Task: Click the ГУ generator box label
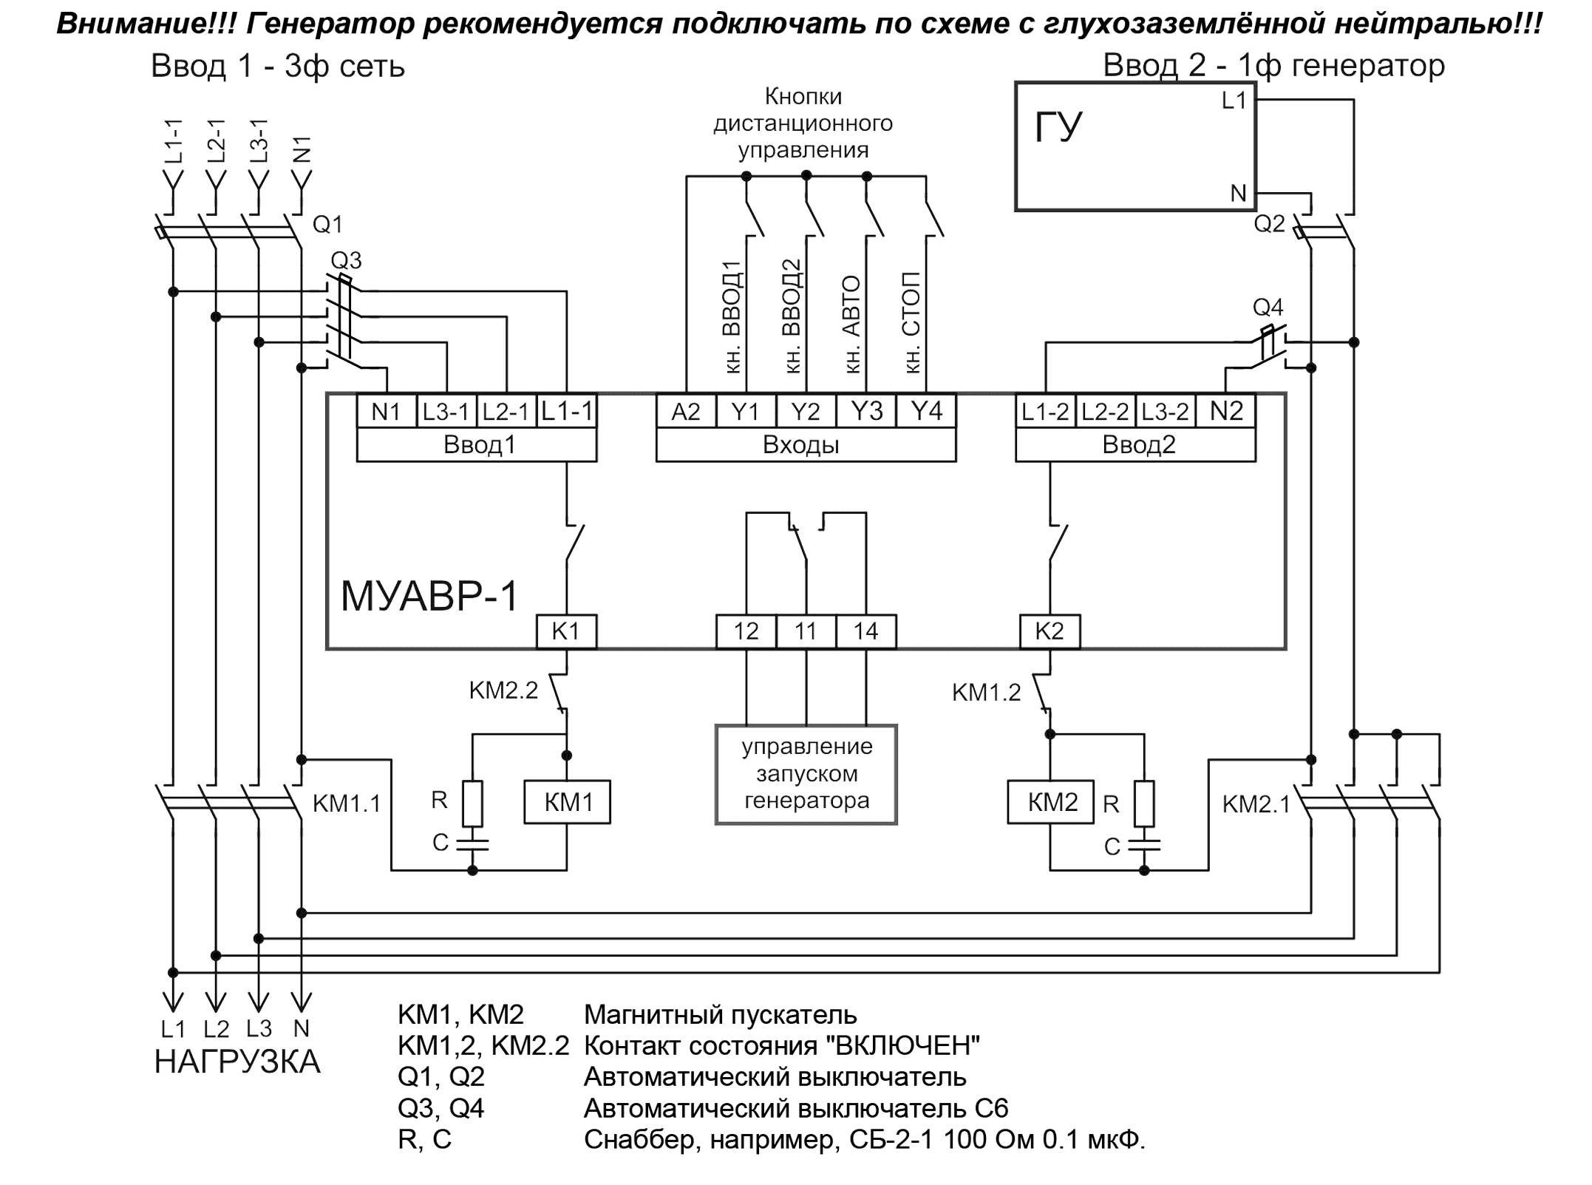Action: [1058, 128]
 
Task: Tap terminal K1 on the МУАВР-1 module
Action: [566, 631]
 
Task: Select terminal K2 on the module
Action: [1050, 631]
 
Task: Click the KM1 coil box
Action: [568, 802]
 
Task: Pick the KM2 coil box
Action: [1051, 802]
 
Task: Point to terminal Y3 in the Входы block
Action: [866, 411]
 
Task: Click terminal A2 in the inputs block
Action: [686, 411]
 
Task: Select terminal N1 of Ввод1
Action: [386, 411]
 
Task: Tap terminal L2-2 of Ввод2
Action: [1105, 411]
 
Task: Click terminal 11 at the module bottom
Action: [806, 631]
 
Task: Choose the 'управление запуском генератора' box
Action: [806, 774]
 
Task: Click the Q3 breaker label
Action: [346, 260]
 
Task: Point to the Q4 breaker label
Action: [1268, 307]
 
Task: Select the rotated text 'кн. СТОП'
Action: [913, 322]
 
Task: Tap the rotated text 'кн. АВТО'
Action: [852, 324]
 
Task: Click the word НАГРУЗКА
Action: [237, 1062]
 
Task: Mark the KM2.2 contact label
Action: [503, 691]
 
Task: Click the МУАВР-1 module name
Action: [429, 596]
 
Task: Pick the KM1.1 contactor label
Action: [347, 804]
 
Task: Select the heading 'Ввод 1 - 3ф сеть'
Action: [278, 67]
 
